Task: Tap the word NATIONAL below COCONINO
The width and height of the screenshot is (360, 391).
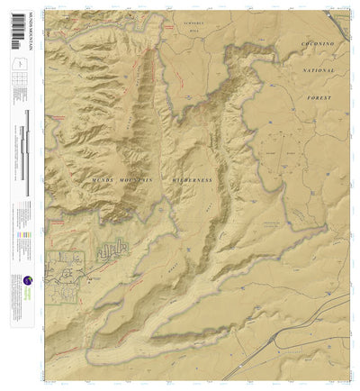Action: point(316,70)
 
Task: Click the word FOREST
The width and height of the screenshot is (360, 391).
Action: point(317,97)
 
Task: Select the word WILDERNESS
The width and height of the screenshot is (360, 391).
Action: point(190,180)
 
